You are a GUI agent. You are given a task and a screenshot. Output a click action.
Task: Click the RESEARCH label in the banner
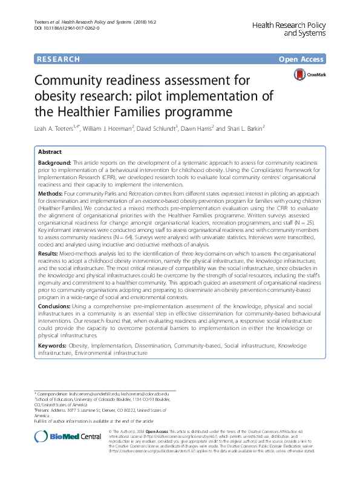(58, 59)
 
